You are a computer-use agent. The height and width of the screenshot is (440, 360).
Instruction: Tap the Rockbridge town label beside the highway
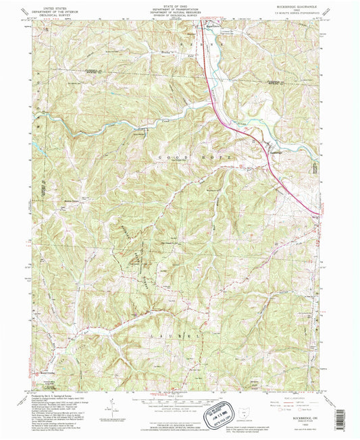271,151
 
